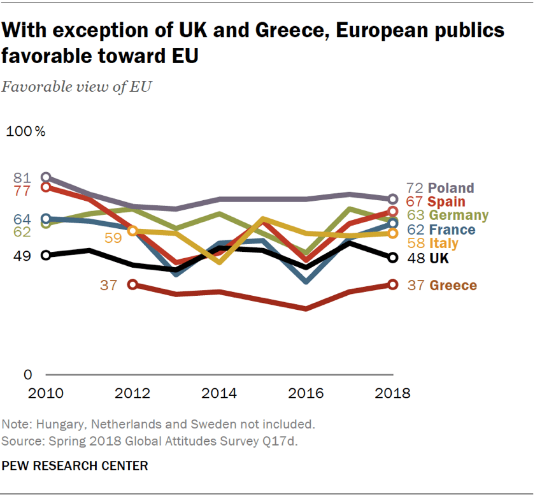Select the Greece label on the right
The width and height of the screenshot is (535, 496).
tap(453, 286)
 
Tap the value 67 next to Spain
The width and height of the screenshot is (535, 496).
tap(415, 202)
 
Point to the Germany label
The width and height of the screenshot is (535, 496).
tap(459, 215)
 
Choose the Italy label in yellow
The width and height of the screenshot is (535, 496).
tap(443, 244)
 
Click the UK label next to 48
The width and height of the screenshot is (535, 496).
tap(439, 258)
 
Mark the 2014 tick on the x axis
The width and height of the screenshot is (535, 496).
tap(219, 393)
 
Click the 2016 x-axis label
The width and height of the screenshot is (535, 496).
tap(306, 393)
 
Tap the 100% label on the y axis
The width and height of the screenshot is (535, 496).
tap(26, 132)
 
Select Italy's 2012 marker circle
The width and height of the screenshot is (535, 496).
tap(132, 231)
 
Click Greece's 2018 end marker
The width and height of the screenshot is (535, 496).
tap(393, 285)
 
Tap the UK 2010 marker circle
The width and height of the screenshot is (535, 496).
tap(46, 255)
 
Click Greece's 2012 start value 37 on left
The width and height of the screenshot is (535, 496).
tap(109, 285)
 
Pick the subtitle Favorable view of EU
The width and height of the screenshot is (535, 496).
tap(76, 87)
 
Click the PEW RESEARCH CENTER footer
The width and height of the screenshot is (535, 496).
tap(75, 466)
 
